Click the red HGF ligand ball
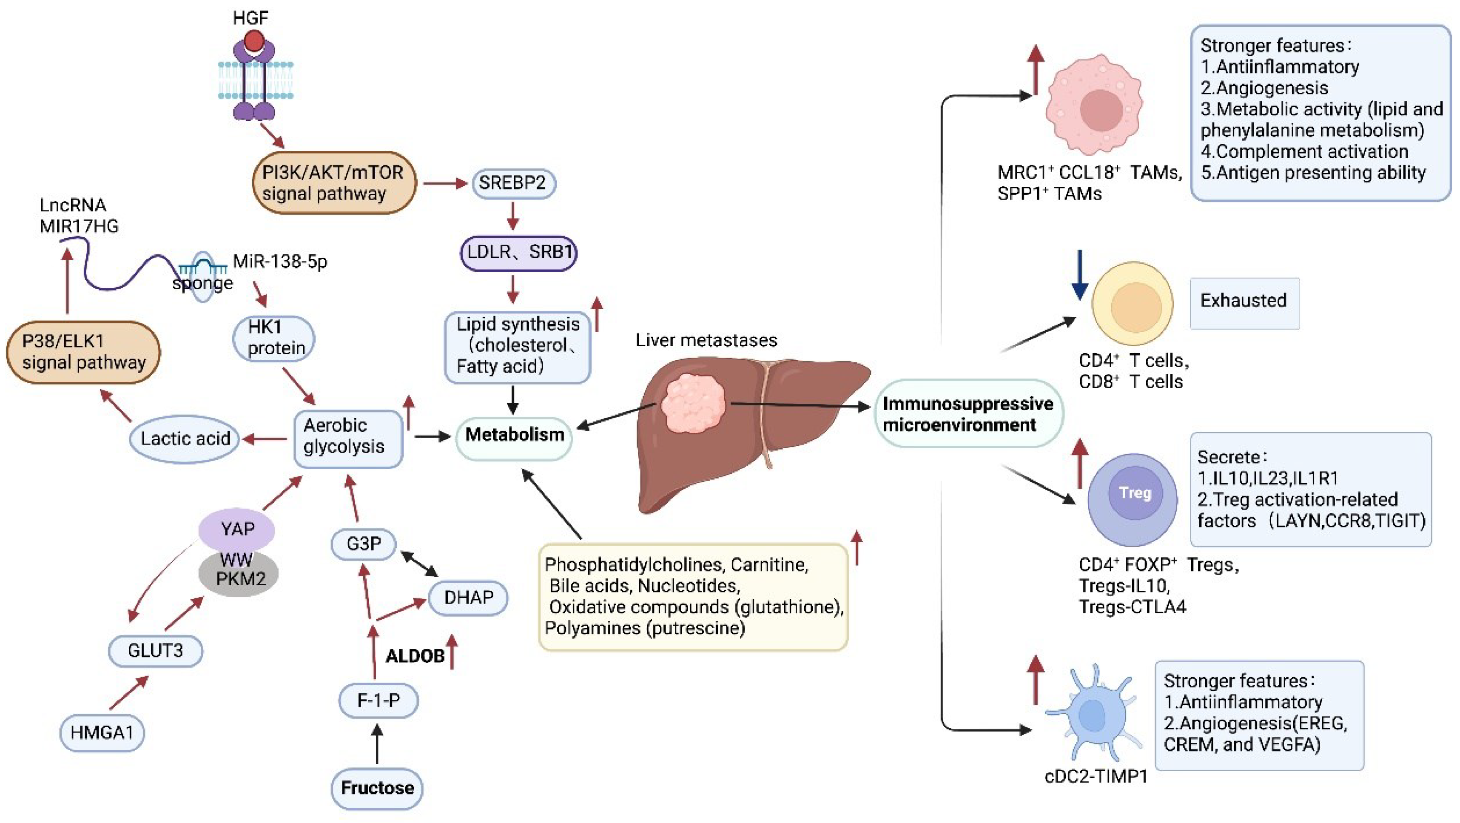point(254,41)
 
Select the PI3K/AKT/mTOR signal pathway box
point(334,182)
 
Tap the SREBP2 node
point(513,183)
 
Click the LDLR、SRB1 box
point(518,252)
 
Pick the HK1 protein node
point(274,338)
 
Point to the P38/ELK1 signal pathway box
point(83,352)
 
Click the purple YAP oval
point(237,529)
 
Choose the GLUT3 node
point(155,650)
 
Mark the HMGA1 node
point(102,732)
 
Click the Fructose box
point(377,788)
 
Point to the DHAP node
point(468,598)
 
